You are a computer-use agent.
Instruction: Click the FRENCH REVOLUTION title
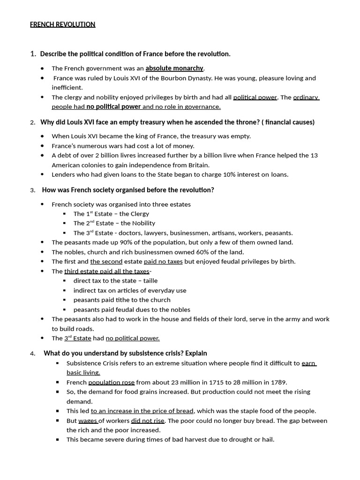click(x=62, y=24)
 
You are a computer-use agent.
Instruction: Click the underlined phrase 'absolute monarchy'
click(x=174, y=68)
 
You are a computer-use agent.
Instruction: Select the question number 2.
click(x=32, y=123)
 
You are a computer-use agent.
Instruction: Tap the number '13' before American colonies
click(x=314, y=155)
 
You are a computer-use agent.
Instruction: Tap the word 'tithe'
click(x=121, y=300)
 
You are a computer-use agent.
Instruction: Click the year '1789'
click(x=276, y=382)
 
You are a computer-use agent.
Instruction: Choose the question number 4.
click(x=32, y=354)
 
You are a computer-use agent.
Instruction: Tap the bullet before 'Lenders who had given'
click(x=43, y=174)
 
